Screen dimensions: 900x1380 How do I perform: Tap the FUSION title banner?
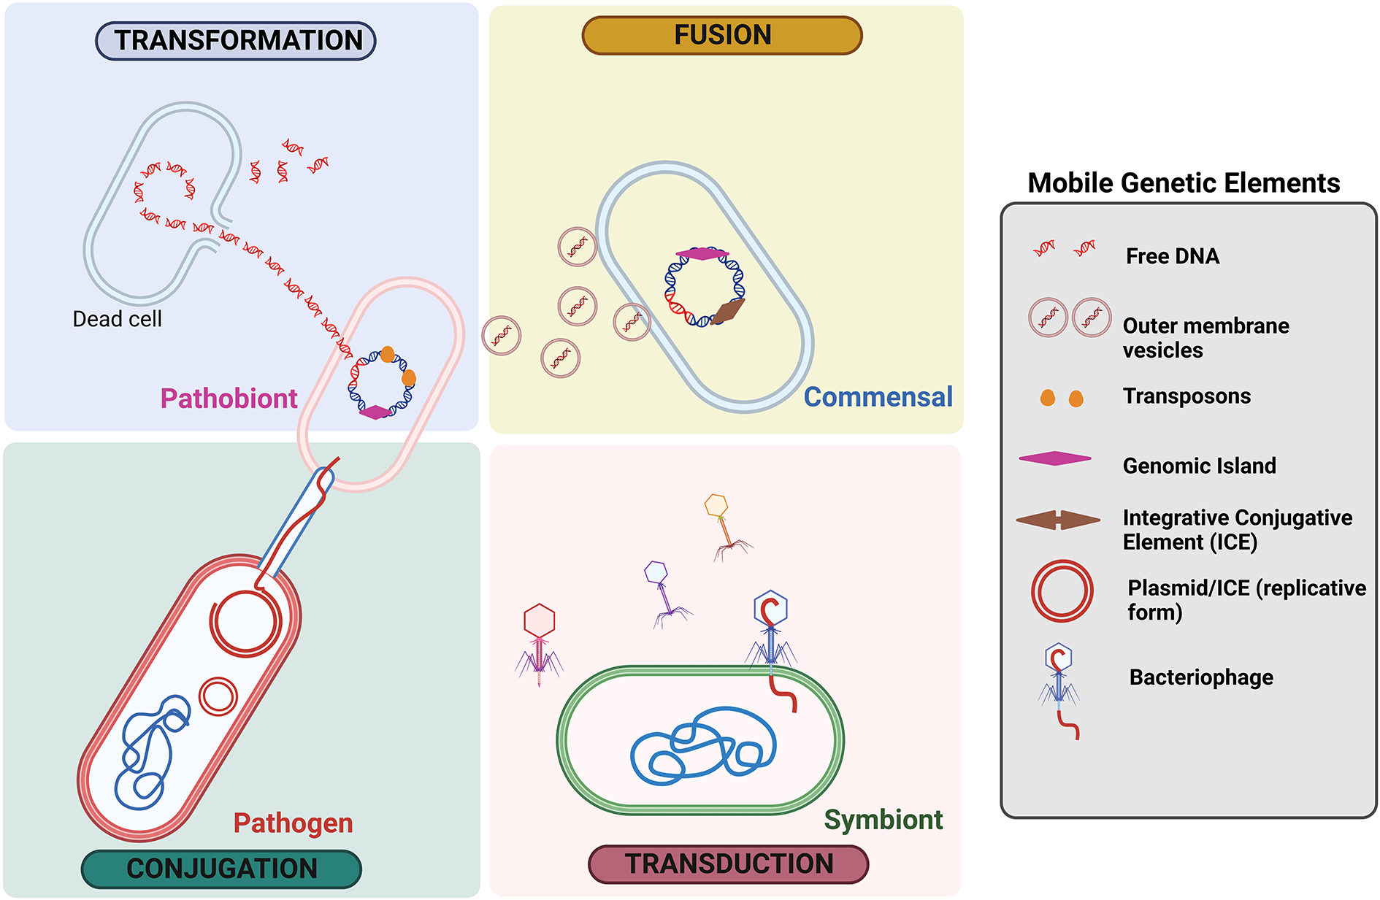tap(721, 35)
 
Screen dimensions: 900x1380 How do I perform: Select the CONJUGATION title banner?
tap(221, 869)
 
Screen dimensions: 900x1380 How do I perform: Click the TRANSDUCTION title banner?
tap(728, 864)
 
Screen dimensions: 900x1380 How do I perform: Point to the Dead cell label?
tap(117, 319)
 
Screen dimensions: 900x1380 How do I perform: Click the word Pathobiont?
tap(229, 399)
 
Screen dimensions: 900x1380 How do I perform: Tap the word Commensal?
tap(878, 397)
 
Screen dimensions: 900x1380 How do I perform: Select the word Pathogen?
tap(293, 823)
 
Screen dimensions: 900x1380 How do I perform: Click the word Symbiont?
tap(883, 819)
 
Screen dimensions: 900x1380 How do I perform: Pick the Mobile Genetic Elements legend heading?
tap(1183, 182)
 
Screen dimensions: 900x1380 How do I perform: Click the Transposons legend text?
tap(1187, 396)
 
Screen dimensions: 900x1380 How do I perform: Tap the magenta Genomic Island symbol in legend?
tap(1054, 458)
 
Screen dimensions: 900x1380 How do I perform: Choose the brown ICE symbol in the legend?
tap(1057, 520)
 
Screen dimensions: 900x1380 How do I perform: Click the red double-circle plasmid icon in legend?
tap(1062, 591)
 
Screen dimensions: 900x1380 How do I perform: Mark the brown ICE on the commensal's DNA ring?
tap(728, 310)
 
